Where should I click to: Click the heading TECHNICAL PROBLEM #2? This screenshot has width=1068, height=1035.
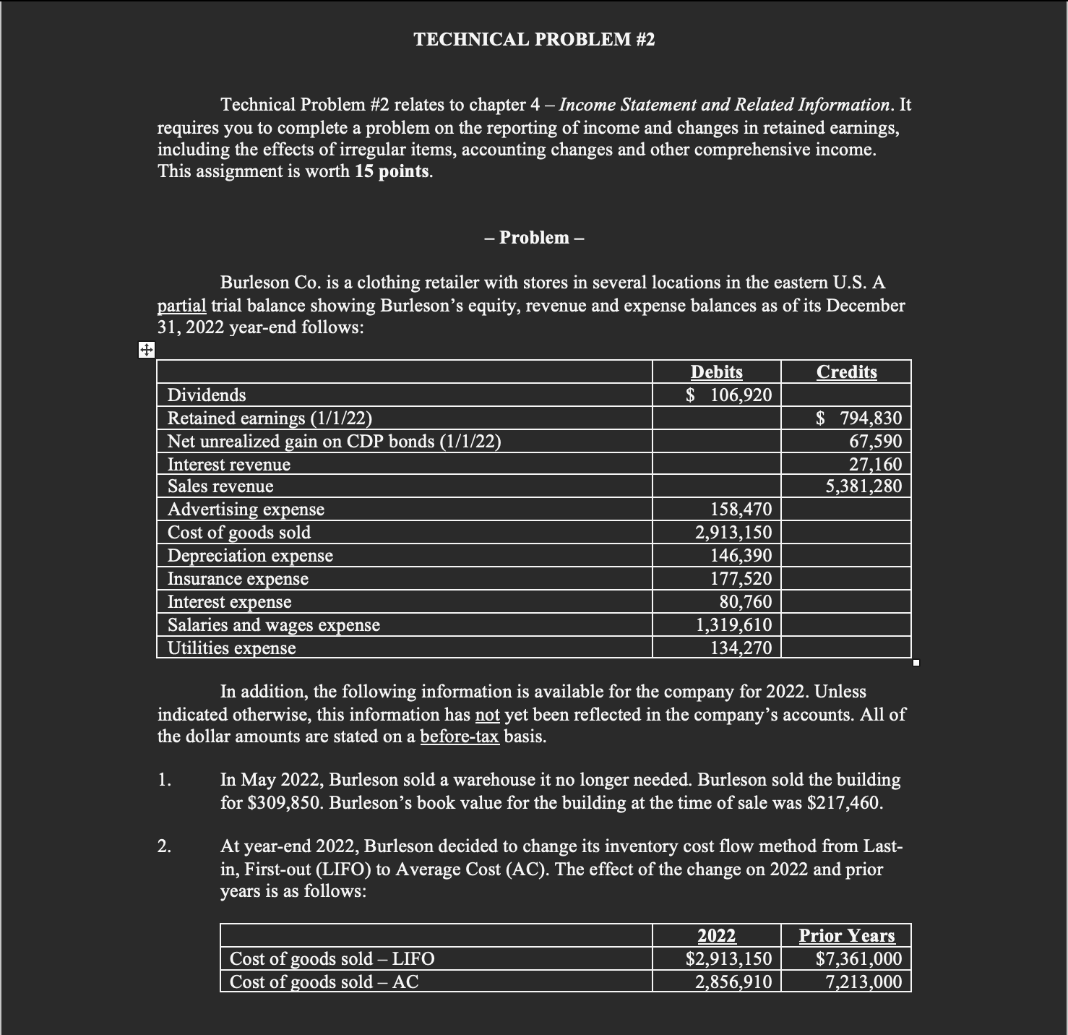534,40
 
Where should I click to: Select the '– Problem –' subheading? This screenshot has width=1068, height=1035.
534,238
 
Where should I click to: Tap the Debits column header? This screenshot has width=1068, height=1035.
716,372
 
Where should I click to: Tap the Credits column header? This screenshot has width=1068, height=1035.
846,372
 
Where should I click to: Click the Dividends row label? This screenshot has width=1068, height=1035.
207,395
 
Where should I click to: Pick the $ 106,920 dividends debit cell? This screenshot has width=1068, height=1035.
728,395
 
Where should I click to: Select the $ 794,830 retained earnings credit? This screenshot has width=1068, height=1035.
858,418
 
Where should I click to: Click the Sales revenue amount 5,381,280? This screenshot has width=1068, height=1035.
864,486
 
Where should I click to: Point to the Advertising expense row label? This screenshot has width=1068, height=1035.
246,510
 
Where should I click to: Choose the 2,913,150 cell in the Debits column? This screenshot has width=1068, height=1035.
733,533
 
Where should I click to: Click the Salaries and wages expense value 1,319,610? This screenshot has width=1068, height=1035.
733,625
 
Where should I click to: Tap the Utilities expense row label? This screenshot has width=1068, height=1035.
231,648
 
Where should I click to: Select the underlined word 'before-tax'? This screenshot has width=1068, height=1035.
459,737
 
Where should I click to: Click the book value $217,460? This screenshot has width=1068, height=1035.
843,803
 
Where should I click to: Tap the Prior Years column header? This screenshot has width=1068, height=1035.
846,935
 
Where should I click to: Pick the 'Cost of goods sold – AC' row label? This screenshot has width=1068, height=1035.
324,982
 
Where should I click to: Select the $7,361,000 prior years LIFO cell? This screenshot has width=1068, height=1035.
858,958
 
